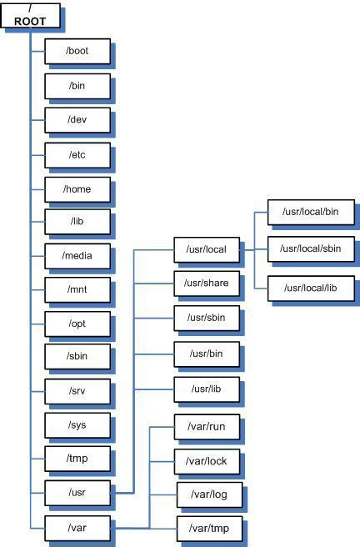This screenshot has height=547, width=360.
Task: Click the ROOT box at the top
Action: pyautogui.click(x=29, y=16)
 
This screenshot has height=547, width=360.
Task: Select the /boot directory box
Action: pyautogui.click(x=77, y=50)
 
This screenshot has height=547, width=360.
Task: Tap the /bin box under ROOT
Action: pyautogui.click(x=77, y=85)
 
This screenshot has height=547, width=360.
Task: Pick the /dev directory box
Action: pyautogui.click(x=77, y=119)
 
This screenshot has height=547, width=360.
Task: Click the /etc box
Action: pyautogui.click(x=77, y=154)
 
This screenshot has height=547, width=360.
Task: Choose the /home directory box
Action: pyautogui.click(x=77, y=188)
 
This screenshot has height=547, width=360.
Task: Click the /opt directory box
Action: pyautogui.click(x=77, y=322)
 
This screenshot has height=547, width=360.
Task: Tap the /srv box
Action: pyautogui.click(x=77, y=390)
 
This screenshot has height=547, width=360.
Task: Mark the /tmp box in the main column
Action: pyautogui.click(x=77, y=458)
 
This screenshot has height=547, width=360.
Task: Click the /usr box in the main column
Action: pyautogui.click(x=77, y=492)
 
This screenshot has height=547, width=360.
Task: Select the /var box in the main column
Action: pyautogui.click(x=77, y=527)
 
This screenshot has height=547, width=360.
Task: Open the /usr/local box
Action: pyautogui.click(x=207, y=248)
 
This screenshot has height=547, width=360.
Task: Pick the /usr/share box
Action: pyautogui.click(x=207, y=283)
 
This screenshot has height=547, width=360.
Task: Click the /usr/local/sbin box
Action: pyautogui.click(x=310, y=248)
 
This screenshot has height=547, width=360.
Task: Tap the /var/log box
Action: pyautogui.click(x=207, y=494)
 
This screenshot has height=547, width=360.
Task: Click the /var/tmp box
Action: pyautogui.click(x=207, y=527)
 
